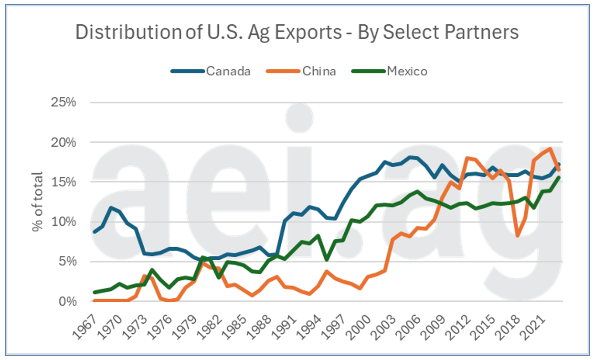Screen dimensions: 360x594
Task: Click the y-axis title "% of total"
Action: point(38,201)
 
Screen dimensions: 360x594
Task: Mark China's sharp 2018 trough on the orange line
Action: point(518,236)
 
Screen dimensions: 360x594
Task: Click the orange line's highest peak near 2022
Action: point(551,148)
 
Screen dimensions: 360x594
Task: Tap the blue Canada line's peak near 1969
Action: point(111,208)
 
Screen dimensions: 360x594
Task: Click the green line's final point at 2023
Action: point(559,178)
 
